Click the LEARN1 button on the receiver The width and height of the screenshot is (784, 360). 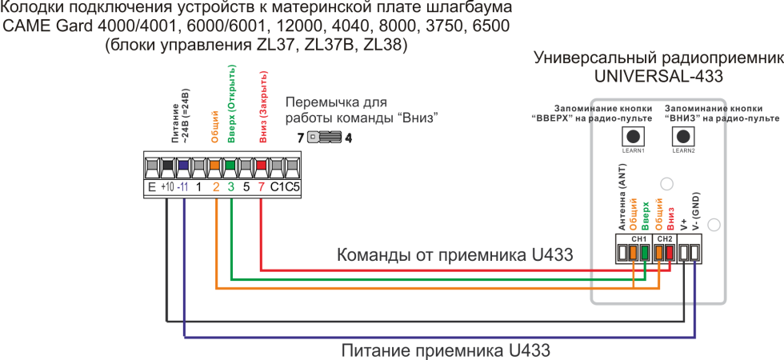634,136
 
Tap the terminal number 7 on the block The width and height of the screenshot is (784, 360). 262,188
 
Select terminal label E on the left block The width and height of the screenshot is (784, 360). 150,188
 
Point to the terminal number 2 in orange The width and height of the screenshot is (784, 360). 216,188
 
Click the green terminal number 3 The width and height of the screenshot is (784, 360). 231,188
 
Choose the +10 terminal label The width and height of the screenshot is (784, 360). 166,188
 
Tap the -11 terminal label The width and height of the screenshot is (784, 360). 183,188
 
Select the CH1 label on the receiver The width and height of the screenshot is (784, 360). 638,238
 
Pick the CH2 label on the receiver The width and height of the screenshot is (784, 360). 665,238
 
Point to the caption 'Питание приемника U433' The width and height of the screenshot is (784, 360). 446,350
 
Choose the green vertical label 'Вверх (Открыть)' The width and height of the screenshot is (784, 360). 231,104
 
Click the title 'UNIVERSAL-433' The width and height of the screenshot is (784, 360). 658,77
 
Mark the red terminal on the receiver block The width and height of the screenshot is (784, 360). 669,253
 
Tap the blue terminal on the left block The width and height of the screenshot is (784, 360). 183,167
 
